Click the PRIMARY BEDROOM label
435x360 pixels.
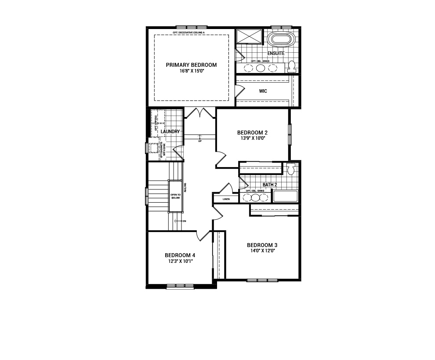pos(191,65)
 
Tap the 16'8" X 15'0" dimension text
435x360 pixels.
pos(191,71)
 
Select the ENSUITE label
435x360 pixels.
pos(276,53)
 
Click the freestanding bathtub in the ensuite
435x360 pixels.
pos(282,39)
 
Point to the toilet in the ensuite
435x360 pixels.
pos(291,66)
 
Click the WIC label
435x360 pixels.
pos(263,91)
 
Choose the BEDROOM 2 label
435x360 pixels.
pos(252,132)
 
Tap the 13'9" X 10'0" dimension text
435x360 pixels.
pos(252,138)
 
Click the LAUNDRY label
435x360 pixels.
pos(170,131)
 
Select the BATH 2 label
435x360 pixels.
pos(270,185)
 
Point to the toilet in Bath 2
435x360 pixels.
pos(290,169)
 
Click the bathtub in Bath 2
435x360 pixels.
pos(285,196)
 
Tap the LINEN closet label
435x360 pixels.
pos(226,199)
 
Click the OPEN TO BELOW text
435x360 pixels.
pos(176,196)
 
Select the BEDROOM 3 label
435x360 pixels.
pos(262,245)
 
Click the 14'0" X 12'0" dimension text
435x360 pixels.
pos(262,251)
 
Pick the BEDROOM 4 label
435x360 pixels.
pos(180,255)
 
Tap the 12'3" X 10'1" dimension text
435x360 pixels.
pos(180,261)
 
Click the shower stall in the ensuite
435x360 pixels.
pos(249,37)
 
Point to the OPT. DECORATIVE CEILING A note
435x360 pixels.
pos(191,33)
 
